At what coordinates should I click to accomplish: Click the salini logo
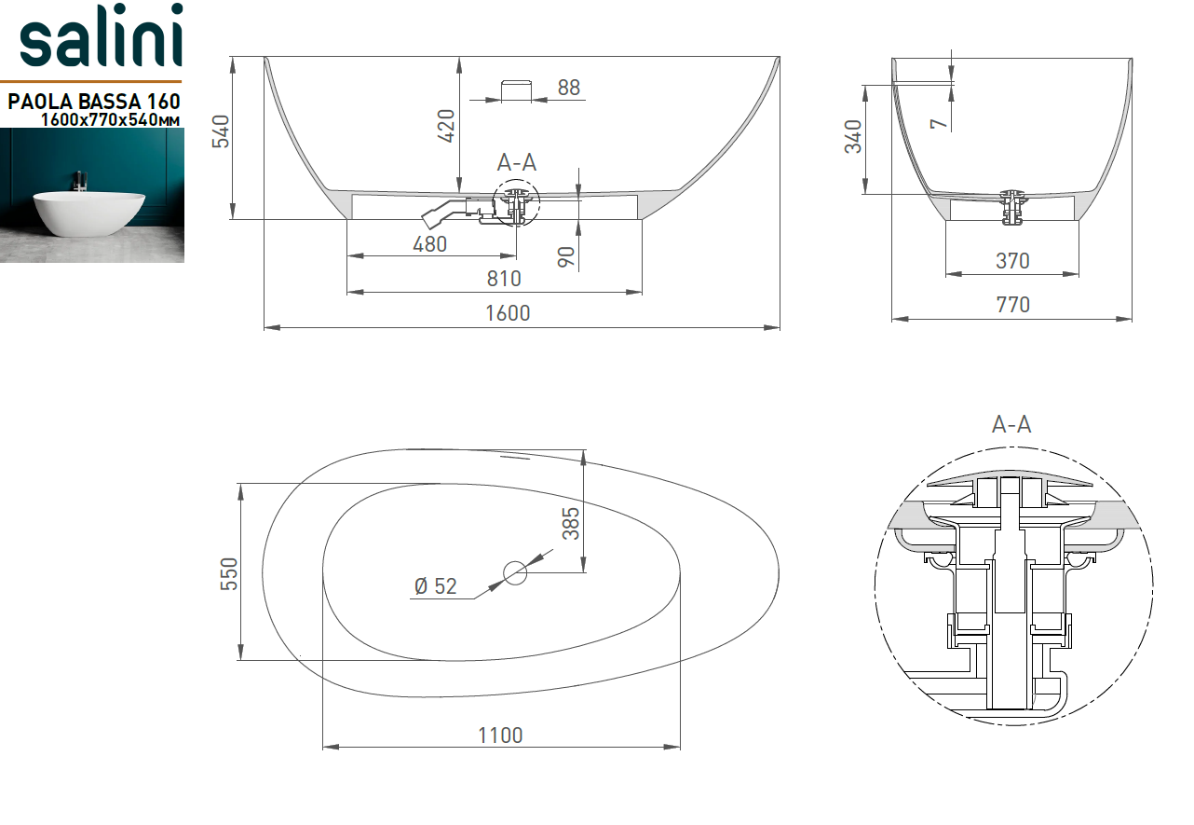(102, 35)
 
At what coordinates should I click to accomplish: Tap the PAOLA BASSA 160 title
(94, 102)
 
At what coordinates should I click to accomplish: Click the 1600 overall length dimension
(508, 313)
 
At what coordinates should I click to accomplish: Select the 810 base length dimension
(504, 279)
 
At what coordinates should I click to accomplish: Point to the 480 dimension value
(429, 244)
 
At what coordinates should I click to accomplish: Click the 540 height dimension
(221, 131)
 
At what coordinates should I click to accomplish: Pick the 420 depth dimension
(446, 126)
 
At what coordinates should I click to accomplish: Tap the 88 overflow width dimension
(569, 88)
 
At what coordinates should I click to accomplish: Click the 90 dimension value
(566, 257)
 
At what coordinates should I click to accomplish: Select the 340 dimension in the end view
(853, 137)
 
